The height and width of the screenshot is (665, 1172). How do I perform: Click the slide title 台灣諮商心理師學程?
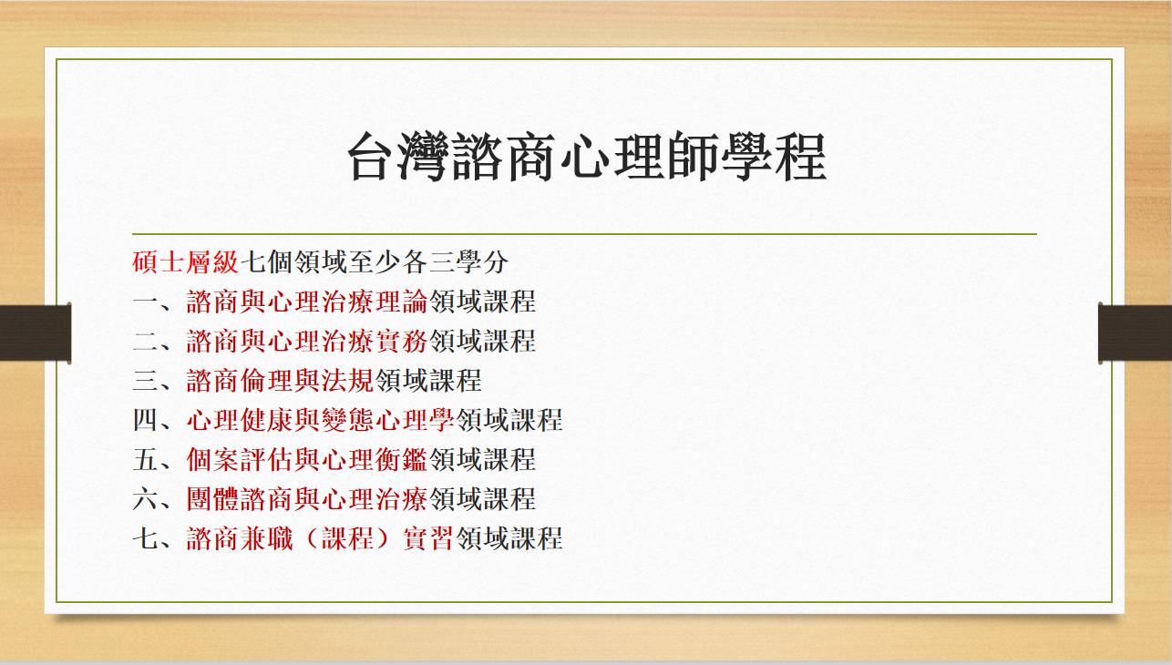click(x=586, y=158)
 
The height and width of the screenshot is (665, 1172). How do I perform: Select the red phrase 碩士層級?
click(x=185, y=262)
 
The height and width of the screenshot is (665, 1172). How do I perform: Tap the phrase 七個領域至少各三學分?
click(x=374, y=262)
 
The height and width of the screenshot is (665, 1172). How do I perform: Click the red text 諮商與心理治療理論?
click(x=307, y=302)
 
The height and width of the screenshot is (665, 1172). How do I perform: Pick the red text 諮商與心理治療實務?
click(x=307, y=341)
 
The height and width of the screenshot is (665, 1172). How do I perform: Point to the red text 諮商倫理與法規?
click(x=281, y=380)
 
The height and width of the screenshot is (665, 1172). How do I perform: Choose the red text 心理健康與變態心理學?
click(x=321, y=420)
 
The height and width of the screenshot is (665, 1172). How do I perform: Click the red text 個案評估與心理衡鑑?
click(x=307, y=459)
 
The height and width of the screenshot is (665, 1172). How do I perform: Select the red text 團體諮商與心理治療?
click(x=307, y=499)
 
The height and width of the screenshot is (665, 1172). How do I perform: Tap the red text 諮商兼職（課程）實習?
click(x=321, y=538)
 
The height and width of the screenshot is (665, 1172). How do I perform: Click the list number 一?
click(x=145, y=302)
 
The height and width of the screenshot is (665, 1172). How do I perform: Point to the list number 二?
click(x=145, y=341)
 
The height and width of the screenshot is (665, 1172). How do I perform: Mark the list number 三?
click(x=145, y=380)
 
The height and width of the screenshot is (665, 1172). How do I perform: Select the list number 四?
click(x=145, y=420)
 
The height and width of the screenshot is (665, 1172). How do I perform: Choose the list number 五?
click(x=145, y=459)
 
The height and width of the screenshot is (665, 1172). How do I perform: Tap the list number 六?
click(x=145, y=499)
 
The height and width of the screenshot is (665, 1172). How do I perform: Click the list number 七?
click(x=145, y=538)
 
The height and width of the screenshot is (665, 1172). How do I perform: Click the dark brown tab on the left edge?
click(x=35, y=331)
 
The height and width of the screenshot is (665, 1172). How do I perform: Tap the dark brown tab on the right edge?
click(x=1136, y=331)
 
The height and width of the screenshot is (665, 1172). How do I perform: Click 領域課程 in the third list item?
click(x=428, y=380)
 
